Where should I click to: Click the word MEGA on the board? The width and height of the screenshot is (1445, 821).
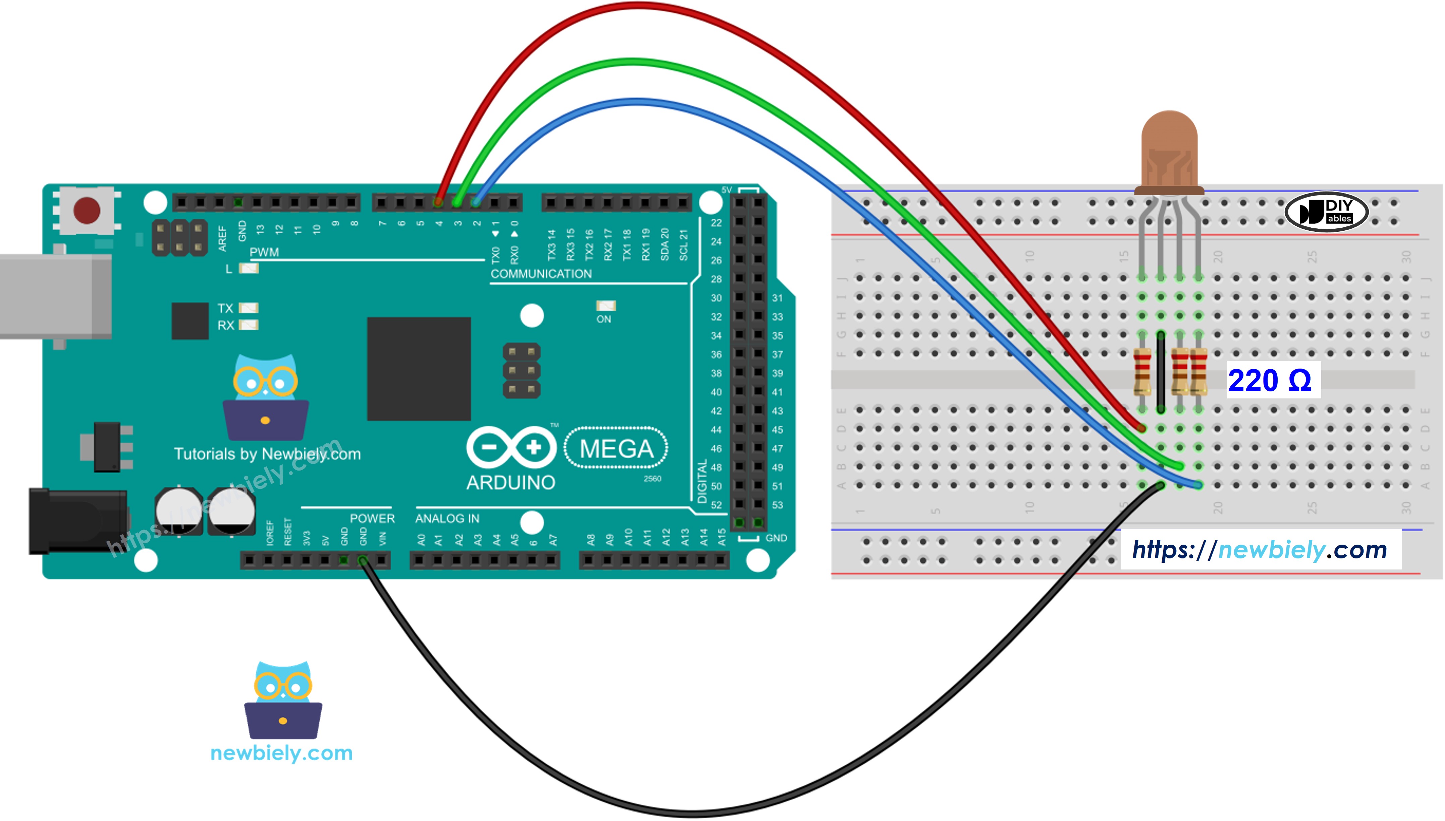(x=616, y=449)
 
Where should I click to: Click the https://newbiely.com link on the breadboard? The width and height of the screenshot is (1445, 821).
(x=1259, y=549)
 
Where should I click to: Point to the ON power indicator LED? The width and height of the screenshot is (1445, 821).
(x=605, y=306)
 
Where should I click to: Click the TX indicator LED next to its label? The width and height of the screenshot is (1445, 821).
(x=249, y=308)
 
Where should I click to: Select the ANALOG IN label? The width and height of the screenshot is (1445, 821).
(x=447, y=518)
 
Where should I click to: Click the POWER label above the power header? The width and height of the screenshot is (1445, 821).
(x=372, y=518)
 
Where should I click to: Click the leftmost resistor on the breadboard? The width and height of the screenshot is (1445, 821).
(x=1142, y=372)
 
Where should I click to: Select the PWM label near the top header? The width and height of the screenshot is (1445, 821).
(x=264, y=252)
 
